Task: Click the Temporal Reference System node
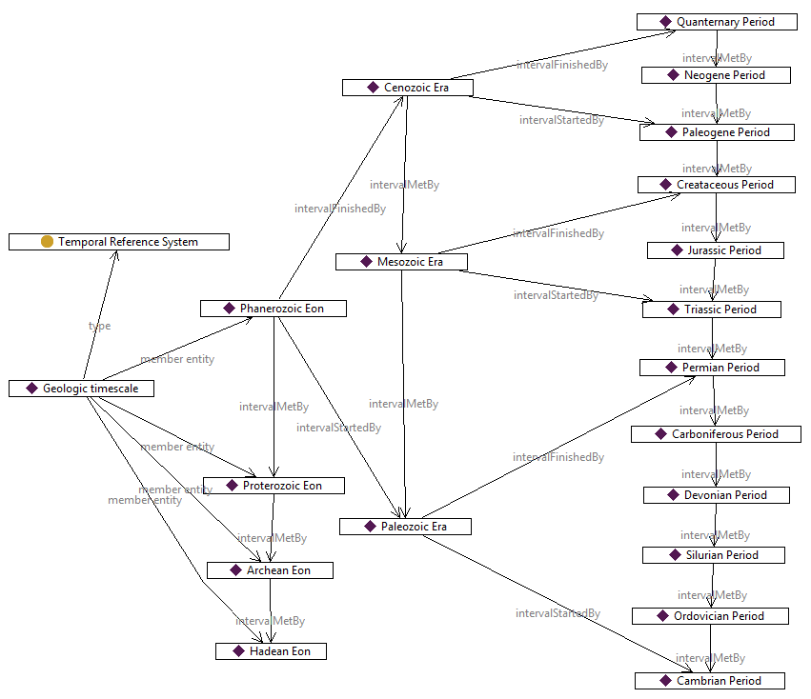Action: tap(119, 242)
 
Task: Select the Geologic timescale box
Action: tap(81, 389)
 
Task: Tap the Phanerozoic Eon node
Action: tap(274, 309)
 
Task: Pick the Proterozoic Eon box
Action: tap(274, 486)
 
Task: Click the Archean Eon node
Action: tap(272, 570)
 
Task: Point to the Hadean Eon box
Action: tap(271, 651)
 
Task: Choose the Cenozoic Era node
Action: tap(408, 88)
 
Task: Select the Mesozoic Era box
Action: tap(402, 261)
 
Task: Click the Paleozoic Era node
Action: tap(405, 526)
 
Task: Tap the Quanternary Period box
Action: tap(717, 22)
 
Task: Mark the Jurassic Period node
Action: tap(716, 250)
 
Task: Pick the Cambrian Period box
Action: tap(710, 681)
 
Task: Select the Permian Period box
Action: tap(713, 368)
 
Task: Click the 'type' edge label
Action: tap(99, 326)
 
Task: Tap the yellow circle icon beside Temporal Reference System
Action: tap(47, 242)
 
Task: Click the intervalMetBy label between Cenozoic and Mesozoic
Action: tap(405, 185)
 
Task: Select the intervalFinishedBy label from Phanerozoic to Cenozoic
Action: tap(340, 209)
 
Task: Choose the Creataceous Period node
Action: tap(717, 185)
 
